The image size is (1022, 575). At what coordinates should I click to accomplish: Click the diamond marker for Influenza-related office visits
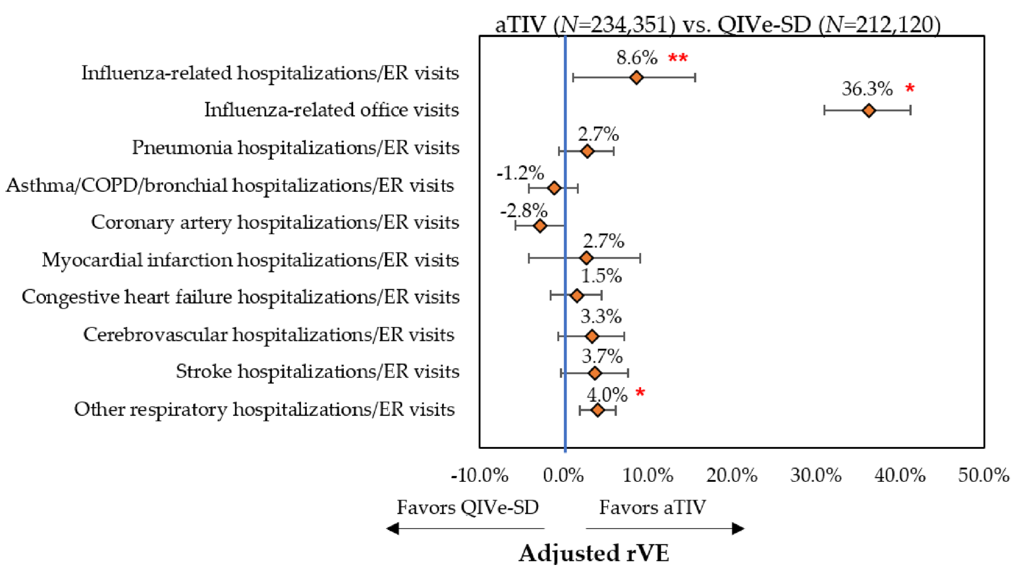click(x=869, y=110)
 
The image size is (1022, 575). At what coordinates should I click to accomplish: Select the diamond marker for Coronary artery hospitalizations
click(x=540, y=226)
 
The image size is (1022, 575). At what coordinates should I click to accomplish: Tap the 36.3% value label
click(x=867, y=89)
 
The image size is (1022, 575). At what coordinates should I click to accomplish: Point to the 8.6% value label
click(x=637, y=58)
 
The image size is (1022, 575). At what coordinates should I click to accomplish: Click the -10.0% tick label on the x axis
click(x=480, y=475)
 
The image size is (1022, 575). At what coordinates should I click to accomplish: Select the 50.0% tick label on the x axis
click(x=984, y=475)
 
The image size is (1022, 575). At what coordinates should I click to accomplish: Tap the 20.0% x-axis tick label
click(x=732, y=475)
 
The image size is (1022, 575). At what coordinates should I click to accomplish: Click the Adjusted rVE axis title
click(x=594, y=553)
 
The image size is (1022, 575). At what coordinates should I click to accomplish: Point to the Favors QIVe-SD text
click(x=468, y=507)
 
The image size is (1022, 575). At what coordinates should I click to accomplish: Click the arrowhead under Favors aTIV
click(x=738, y=529)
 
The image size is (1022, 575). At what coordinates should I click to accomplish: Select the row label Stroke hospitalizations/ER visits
click(x=318, y=372)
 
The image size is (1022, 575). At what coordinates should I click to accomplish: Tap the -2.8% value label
click(x=524, y=211)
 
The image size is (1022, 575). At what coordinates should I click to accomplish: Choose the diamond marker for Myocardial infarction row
click(x=586, y=258)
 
